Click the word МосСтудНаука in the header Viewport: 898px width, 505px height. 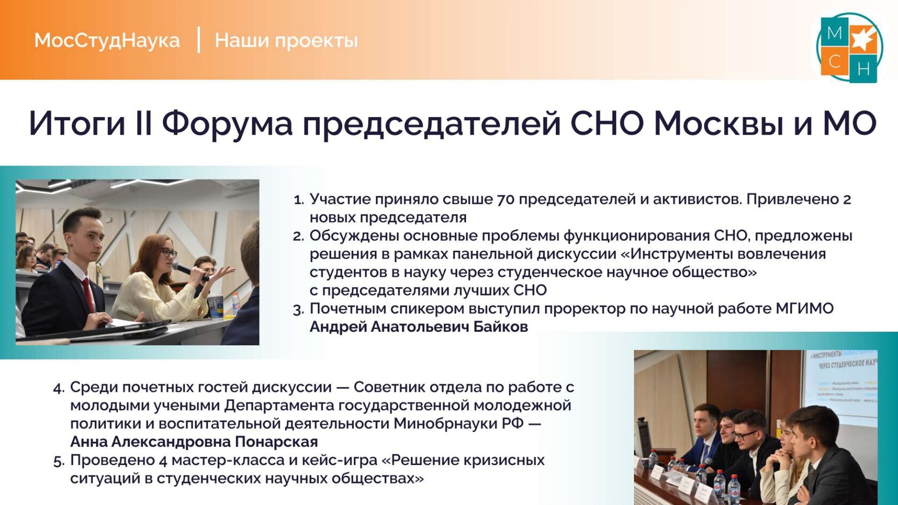point(107,41)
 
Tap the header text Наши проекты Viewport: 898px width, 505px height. point(287,41)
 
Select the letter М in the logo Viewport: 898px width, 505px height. point(834,33)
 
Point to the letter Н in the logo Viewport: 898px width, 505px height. point(864,69)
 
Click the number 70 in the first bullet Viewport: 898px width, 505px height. point(506,199)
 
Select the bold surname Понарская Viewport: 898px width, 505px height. point(276,442)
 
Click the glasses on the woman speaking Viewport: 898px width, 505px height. point(169,252)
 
